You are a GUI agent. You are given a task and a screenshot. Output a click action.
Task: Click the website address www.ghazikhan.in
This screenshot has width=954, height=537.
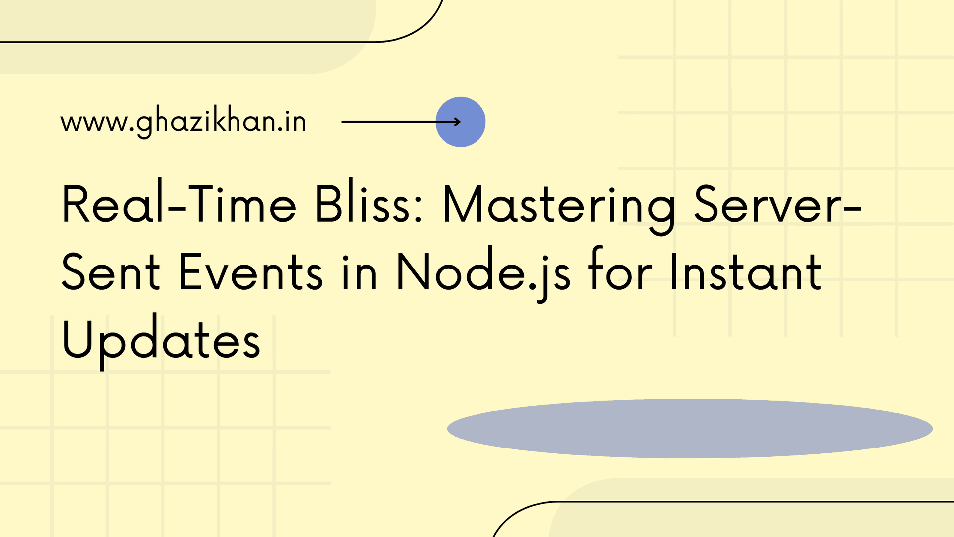click(x=183, y=122)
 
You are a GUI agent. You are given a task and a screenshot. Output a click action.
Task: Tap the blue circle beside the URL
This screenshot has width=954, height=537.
click(x=461, y=122)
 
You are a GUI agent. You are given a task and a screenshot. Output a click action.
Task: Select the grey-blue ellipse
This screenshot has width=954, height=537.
click(x=690, y=429)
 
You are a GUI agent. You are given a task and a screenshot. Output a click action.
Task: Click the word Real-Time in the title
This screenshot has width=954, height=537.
click(x=179, y=204)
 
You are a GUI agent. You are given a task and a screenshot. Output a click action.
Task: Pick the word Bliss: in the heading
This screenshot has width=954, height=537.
click(x=369, y=204)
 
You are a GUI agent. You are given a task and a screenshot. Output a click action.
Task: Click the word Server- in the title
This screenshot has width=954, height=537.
click(x=778, y=204)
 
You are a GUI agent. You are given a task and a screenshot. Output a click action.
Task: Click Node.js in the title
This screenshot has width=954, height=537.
click(x=483, y=273)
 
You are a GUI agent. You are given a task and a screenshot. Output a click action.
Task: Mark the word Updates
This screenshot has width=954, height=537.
click(x=161, y=341)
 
